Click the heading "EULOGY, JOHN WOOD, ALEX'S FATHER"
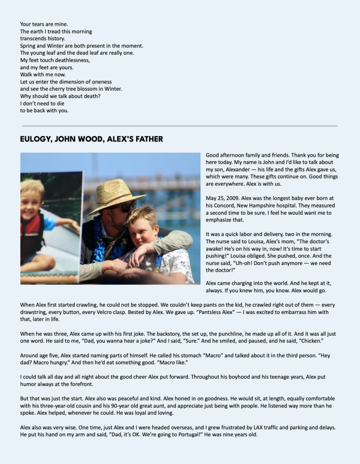pos(91,139)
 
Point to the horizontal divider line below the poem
pos(180,126)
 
